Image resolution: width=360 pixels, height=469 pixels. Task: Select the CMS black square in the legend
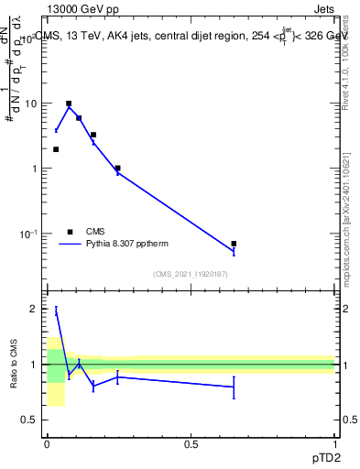coord(70,232)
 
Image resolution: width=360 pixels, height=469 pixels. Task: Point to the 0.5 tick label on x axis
coord(191,444)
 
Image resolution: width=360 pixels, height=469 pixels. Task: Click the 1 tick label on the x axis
coord(334,444)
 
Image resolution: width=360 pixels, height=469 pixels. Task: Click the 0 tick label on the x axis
coord(47,444)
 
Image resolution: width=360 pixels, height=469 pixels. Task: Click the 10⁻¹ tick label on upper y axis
coord(27,234)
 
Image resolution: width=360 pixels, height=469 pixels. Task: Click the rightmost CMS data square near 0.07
coord(234,244)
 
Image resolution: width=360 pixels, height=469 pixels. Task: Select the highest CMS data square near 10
coord(69,104)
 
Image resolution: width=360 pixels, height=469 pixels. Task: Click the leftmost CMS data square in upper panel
coord(56,149)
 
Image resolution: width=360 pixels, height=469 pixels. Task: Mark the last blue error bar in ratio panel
coord(234,387)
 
